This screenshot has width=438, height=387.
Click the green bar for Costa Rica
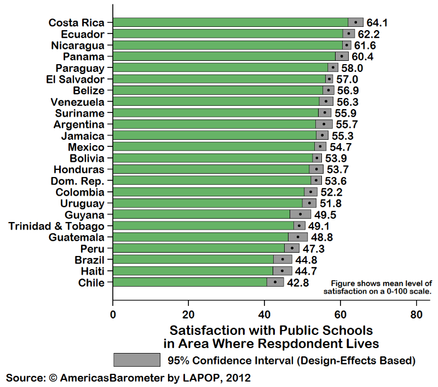230,22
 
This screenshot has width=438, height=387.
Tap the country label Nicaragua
78,45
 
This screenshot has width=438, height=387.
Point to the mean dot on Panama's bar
342,56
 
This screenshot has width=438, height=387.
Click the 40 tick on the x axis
264,315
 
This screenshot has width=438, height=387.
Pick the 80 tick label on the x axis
416,315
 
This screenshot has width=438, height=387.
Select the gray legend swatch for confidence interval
136,360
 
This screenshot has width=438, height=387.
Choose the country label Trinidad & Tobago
56,226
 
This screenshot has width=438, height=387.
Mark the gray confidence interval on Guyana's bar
300,214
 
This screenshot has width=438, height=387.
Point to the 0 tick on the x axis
113,315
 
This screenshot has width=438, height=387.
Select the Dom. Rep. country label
78,180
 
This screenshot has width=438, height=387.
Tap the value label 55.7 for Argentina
347,124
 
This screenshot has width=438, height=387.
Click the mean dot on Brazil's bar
283,259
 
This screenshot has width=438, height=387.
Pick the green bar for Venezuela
216,101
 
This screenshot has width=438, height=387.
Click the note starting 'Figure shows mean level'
382,287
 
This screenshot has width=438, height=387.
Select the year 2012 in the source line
239,378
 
